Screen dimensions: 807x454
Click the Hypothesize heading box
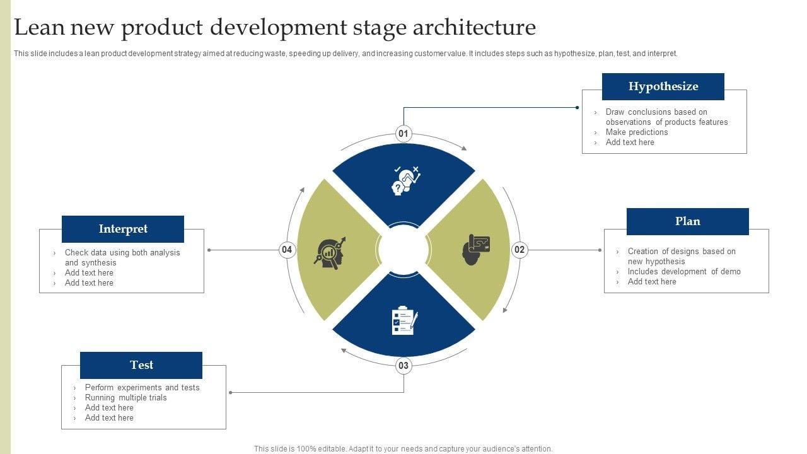coord(663,86)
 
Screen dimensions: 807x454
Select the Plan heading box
coord(687,221)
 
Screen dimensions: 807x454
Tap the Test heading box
coord(141,365)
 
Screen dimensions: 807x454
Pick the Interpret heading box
coord(123,229)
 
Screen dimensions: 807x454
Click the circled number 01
coord(403,134)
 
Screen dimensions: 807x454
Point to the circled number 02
coord(520,250)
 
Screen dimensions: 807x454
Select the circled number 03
coord(403,366)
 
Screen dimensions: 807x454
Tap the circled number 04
coord(287,250)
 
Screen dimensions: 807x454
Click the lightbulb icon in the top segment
coord(405,180)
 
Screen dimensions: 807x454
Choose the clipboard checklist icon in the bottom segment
coord(404,321)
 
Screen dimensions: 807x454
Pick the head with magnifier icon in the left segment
coord(330,252)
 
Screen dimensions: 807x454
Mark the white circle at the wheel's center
coord(403,250)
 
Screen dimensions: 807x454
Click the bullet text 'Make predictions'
coord(637,132)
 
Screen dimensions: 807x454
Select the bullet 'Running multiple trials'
coord(126,398)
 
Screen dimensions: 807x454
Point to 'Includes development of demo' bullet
coord(684,272)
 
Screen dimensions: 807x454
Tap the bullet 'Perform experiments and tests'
coord(142,388)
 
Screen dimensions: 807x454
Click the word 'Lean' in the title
coord(37,28)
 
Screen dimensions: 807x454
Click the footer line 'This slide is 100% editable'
coord(403,449)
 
